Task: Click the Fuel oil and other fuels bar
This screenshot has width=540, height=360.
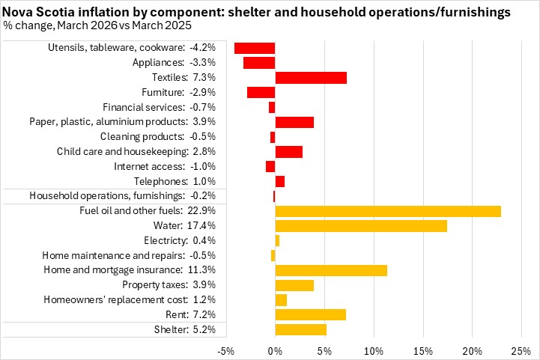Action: coord(388,211)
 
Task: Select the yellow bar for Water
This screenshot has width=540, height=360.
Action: coord(361,226)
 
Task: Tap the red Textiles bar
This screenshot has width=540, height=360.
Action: coord(311,78)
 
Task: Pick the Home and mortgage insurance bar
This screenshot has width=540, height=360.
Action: coord(331,270)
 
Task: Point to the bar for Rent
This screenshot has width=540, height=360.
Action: coord(311,314)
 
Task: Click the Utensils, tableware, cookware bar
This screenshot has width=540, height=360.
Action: coord(255,48)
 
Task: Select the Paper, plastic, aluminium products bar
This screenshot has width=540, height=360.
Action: coord(294,122)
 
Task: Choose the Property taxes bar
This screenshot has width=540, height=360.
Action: coord(294,285)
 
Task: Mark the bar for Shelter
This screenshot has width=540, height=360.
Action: coord(301,329)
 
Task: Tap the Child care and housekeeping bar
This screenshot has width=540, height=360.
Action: coord(289,152)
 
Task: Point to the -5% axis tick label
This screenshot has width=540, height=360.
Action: coord(226,350)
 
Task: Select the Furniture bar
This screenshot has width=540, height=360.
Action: coord(261,92)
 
